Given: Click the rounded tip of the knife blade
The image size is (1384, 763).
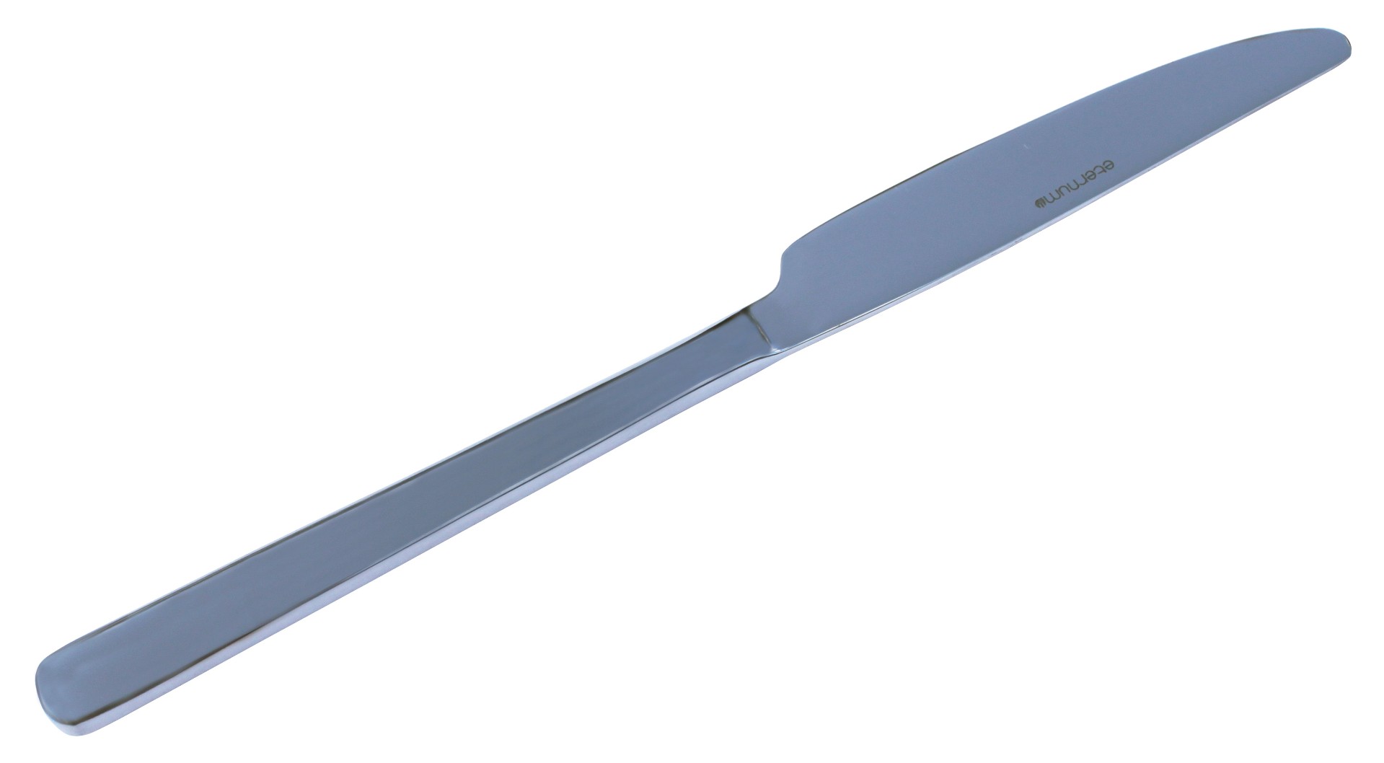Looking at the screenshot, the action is pos(1340,45).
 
